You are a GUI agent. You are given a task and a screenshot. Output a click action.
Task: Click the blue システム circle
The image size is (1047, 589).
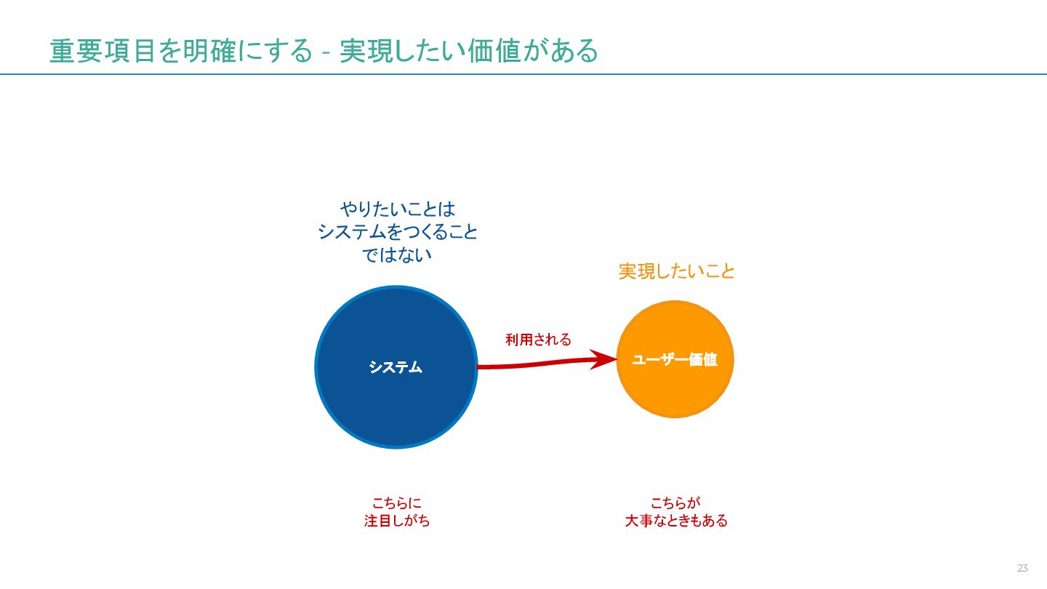396,407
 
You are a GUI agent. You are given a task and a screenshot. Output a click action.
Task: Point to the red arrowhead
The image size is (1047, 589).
605,359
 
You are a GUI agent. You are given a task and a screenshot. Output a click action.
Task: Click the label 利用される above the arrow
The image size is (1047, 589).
539,340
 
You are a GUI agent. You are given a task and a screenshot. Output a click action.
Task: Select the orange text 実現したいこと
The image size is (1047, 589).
677,272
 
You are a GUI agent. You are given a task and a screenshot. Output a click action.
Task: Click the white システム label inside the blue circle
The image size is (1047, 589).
396,367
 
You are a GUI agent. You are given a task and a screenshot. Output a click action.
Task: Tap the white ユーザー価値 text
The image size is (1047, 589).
675,359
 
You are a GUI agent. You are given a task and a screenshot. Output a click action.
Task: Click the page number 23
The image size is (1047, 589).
1022,568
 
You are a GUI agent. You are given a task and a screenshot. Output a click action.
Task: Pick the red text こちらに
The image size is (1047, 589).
397,502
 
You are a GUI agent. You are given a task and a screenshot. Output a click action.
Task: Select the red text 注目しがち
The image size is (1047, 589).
397,521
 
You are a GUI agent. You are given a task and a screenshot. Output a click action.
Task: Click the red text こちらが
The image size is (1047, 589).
675,502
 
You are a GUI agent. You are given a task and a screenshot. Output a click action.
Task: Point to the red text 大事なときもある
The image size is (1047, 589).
676,521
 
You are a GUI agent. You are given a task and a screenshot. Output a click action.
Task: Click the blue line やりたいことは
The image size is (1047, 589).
398,209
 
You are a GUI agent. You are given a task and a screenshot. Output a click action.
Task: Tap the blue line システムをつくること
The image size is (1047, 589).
398,232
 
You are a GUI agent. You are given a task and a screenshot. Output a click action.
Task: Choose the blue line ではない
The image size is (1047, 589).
398,255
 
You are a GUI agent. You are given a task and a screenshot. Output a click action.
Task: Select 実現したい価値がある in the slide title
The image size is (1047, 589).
469,52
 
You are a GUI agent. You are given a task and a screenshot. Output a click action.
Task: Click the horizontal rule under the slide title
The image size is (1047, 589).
523,74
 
